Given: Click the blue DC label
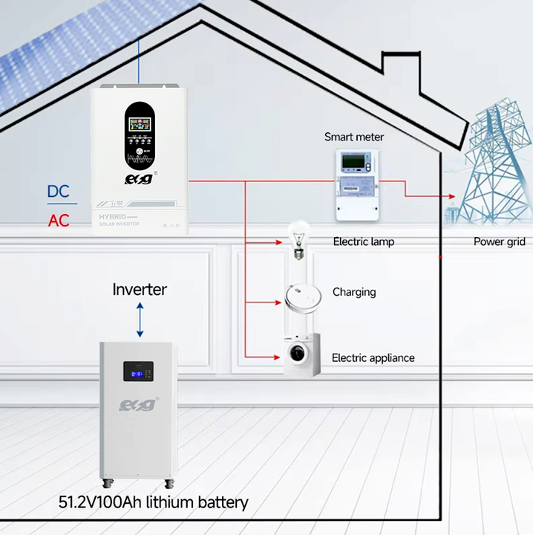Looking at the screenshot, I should [x=58, y=191].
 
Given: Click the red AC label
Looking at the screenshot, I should [x=58, y=221].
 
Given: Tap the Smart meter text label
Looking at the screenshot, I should [x=354, y=137].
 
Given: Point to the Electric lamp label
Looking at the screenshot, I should [x=364, y=241].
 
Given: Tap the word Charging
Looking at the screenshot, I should [x=354, y=292].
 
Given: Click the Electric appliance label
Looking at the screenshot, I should [x=373, y=357].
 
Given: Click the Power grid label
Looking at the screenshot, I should [x=499, y=241].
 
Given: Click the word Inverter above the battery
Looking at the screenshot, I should [x=140, y=288].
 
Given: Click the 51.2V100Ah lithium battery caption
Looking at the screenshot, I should [x=154, y=502].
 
